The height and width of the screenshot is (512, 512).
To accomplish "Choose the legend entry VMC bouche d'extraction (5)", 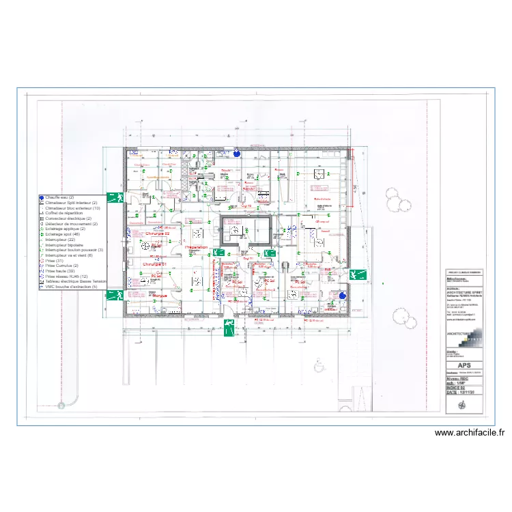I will coord(72,287).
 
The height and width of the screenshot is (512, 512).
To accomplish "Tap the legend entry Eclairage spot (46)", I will coord(67,234).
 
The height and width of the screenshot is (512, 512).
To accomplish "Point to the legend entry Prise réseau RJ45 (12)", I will coord(68,276).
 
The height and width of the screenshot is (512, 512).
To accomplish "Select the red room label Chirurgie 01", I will coord(155,263).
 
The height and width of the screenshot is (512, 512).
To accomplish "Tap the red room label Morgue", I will coord(160,295).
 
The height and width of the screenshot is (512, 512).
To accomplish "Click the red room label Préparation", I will coord(196,247).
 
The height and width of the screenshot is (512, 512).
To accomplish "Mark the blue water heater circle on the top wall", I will coord(236,152).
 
